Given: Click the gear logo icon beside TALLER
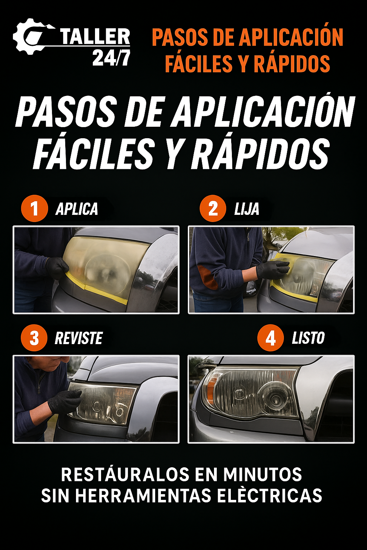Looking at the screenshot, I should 30,37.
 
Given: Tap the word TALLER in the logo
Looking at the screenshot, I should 95,37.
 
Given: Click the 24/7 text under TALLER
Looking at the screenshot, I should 111,58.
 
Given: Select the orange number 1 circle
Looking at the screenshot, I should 34,208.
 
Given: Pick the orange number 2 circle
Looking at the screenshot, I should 213,208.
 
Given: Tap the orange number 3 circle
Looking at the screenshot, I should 34,338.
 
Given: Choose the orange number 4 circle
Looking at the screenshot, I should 271,338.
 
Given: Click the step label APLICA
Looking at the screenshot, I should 77,209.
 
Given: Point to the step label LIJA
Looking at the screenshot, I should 247,209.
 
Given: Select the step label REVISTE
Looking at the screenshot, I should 79,338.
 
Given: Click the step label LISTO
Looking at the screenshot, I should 308,338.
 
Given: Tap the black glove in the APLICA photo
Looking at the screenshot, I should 57,268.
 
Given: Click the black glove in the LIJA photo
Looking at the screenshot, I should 273,270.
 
